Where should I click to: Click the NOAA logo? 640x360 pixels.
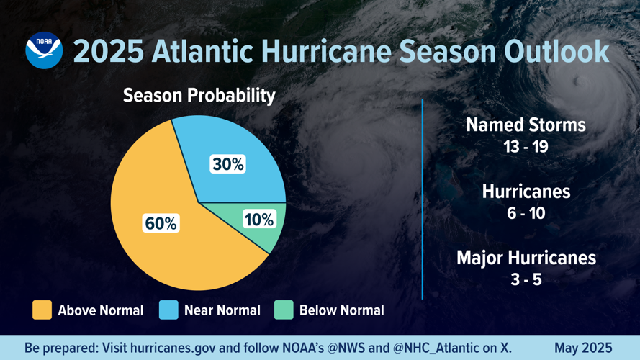[x=44, y=50]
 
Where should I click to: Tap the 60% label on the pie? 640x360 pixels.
[x=161, y=223]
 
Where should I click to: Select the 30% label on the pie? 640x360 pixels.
[x=227, y=164]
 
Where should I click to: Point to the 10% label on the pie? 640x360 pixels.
[x=258, y=220]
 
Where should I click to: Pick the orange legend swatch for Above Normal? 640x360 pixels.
[x=42, y=310]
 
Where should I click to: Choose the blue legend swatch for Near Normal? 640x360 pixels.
[x=168, y=310]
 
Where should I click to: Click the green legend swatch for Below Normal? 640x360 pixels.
[x=284, y=310]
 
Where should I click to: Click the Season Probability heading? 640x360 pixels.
[x=199, y=95]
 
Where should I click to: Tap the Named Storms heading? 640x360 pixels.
[x=526, y=125]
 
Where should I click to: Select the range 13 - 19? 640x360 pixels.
[x=526, y=147]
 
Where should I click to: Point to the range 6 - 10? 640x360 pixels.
[x=526, y=213]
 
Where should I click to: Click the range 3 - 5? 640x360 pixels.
[x=526, y=279]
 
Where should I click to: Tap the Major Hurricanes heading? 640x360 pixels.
[x=526, y=257]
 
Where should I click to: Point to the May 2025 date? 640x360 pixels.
[x=583, y=348]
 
